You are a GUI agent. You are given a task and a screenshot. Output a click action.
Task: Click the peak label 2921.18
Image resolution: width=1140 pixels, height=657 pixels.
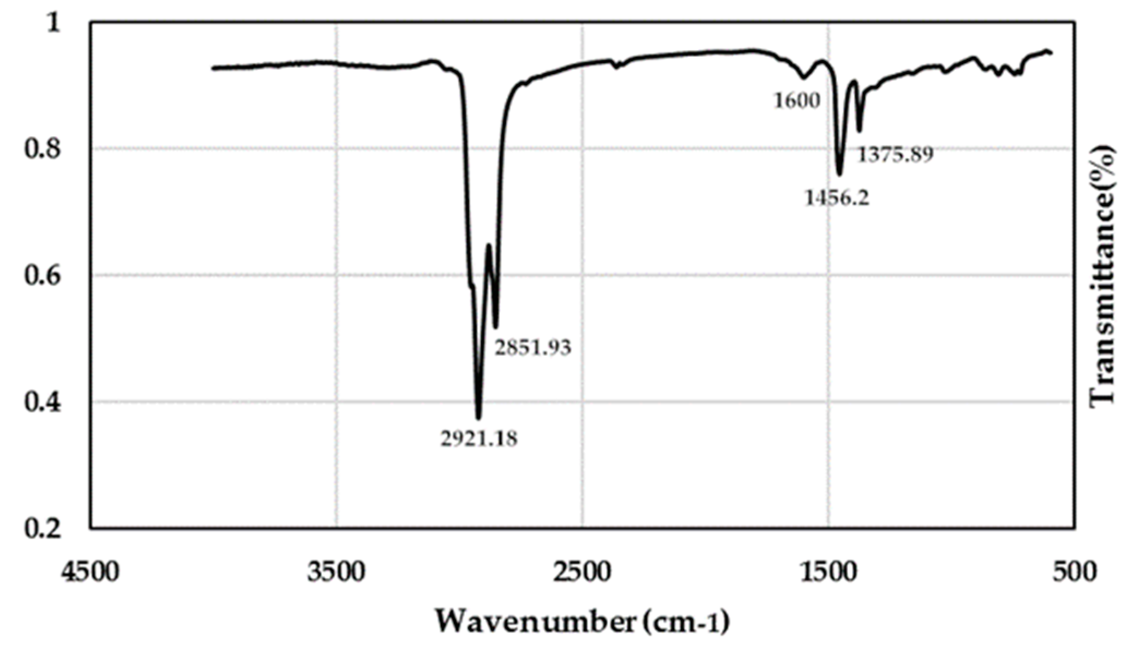[x=478, y=438]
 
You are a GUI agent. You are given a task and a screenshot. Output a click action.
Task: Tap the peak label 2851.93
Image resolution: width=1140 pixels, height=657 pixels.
[x=532, y=347]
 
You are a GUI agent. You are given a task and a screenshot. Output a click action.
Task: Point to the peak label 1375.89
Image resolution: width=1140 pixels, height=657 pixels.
[x=896, y=155]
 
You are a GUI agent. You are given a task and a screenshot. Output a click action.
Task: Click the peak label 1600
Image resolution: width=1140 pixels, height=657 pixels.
[x=797, y=100]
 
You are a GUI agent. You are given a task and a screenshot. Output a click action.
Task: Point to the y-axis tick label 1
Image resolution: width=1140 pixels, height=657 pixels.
[x=53, y=23]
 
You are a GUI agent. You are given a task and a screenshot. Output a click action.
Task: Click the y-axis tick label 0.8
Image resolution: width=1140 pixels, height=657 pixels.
[x=42, y=149]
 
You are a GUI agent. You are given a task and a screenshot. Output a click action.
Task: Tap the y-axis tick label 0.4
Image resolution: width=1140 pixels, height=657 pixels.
[x=42, y=402]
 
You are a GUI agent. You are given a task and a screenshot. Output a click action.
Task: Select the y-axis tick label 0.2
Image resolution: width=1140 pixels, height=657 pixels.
[x=42, y=528]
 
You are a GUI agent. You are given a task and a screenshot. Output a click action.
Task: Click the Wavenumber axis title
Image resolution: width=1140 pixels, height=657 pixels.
[x=581, y=621]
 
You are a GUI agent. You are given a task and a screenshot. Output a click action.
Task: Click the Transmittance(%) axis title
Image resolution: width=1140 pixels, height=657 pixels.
[x=1102, y=275]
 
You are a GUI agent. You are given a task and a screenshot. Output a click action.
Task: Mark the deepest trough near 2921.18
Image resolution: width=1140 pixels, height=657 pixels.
[x=478, y=417]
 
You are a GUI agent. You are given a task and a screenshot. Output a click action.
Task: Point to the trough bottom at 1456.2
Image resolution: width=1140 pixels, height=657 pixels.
[x=839, y=174]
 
